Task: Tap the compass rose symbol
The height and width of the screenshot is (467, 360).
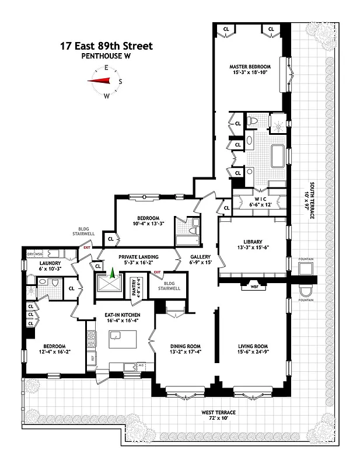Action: click(106, 82)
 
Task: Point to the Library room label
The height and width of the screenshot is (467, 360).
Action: click(253, 242)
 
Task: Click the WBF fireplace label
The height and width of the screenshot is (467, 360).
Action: click(254, 286)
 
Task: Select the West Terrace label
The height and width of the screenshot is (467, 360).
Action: click(220, 413)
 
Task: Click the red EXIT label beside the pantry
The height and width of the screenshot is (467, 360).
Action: click(157, 272)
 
